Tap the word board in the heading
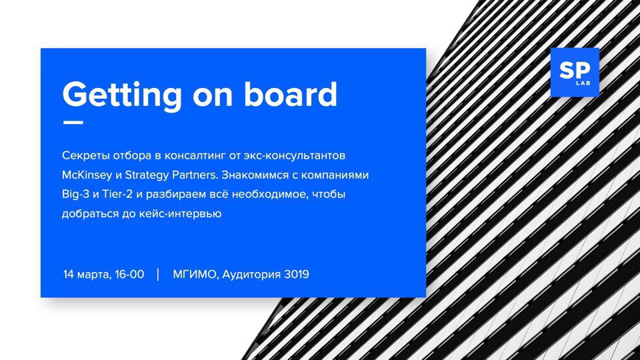pos(291,94)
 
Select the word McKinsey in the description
pos(87,175)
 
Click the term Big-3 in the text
pos(75,194)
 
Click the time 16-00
pos(129,274)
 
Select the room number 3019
pos(296,274)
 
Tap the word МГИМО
pos(196,274)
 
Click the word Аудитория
pos(251,274)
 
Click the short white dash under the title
pos(73,122)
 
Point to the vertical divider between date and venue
pos(158,274)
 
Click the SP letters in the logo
pos(575,70)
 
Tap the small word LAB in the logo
pos(583,83)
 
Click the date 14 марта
pos(87,274)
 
